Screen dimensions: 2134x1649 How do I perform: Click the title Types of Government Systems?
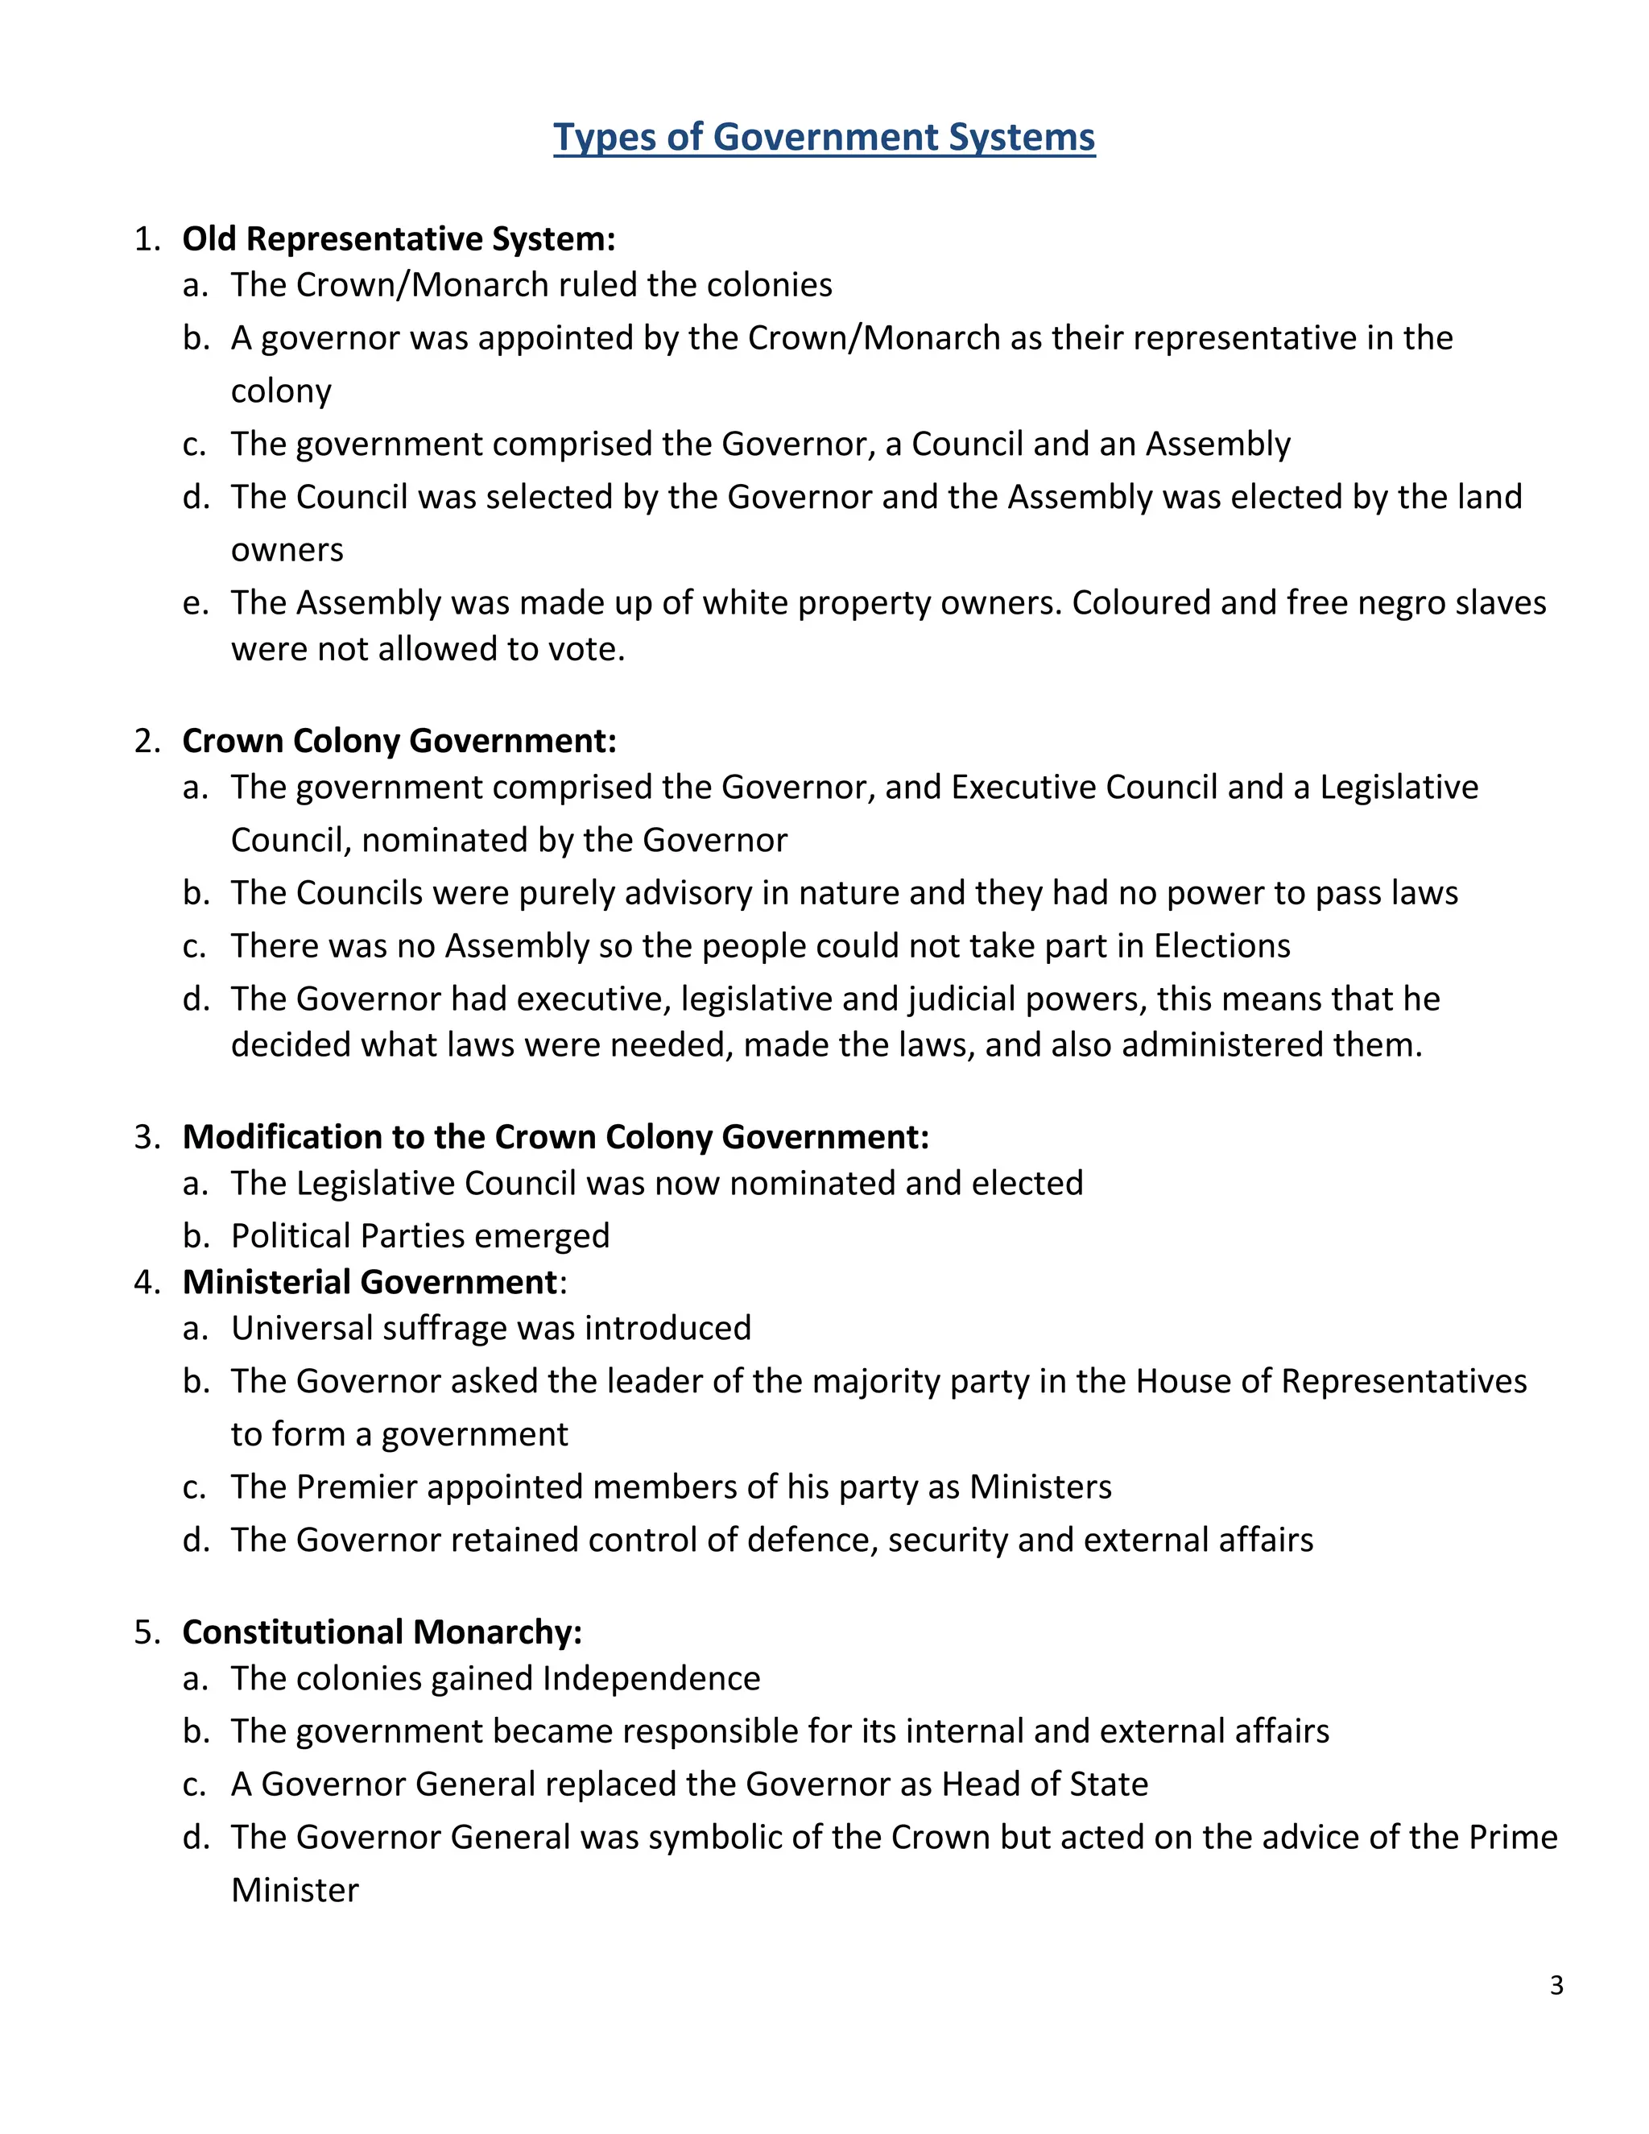click(x=824, y=137)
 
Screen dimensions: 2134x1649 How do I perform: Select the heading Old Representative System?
click(x=399, y=238)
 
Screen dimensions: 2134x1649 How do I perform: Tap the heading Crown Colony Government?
click(x=399, y=741)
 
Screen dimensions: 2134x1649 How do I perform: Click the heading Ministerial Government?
click(x=370, y=1282)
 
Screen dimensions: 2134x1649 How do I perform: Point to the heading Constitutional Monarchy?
click(x=382, y=1632)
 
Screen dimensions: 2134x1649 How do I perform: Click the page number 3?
click(x=1556, y=1986)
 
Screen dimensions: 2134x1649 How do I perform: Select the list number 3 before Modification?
click(x=146, y=1137)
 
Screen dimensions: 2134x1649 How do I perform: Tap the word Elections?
click(x=1222, y=946)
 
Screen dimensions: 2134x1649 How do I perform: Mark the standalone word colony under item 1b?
click(x=280, y=391)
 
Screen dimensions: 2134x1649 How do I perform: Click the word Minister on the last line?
click(x=295, y=1890)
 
